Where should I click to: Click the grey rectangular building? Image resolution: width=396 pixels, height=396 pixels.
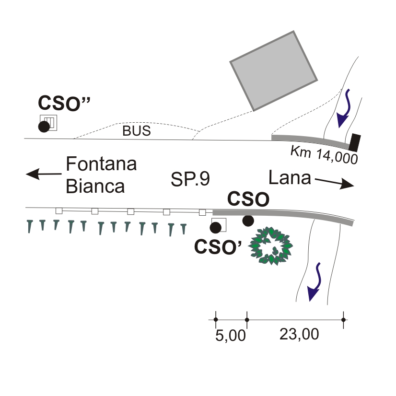click(x=274, y=70)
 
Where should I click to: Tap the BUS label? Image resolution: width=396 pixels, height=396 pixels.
click(x=136, y=131)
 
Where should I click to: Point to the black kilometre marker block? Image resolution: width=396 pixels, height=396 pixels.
click(x=355, y=142)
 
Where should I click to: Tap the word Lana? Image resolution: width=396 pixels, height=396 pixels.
click(x=289, y=178)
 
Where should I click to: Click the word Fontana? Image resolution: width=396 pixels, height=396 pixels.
click(x=102, y=164)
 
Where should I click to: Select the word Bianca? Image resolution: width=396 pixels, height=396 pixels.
click(x=95, y=186)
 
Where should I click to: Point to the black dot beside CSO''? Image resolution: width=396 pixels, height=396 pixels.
click(x=44, y=127)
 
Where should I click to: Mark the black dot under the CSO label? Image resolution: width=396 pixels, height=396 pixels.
click(x=248, y=221)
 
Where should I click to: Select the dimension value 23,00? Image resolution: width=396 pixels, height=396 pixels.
click(x=299, y=335)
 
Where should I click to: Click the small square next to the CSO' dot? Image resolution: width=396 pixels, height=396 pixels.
click(x=219, y=225)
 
